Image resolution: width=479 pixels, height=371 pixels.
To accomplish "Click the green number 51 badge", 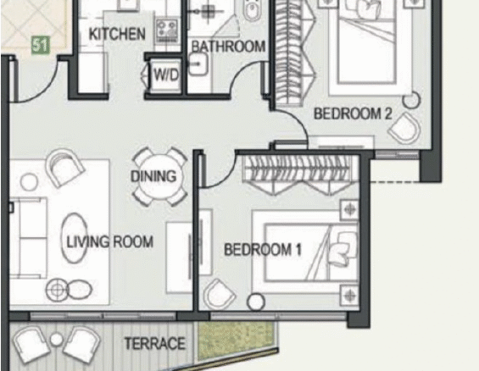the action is coord(41,46).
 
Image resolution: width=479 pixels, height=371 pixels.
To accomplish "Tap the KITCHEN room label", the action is coord(117,34).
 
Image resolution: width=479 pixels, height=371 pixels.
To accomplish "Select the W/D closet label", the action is coord(166,75).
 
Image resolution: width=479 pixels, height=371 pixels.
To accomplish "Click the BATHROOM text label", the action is coord(229,47).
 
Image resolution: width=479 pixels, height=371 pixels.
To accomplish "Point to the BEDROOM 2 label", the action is coord(353,114).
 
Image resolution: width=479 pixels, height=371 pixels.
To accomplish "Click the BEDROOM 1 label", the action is coord(263,250).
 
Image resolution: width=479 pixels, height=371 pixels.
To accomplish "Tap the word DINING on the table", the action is coord(153,176).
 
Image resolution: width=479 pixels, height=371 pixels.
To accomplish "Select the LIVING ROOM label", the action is coord(110,242).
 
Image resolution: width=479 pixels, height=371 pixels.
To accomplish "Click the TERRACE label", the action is coord(155,344).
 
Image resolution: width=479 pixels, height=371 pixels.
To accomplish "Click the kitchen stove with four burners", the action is coord(167,30).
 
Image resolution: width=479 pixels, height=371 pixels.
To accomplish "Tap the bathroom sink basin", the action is coord(198,64).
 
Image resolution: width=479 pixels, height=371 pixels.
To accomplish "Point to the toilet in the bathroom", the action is coord(253,10).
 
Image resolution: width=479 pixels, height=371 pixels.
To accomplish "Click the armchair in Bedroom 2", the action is coord(404,128).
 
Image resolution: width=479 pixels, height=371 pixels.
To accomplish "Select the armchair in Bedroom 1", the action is coord(218,294).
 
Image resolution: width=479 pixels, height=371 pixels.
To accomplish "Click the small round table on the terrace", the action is coord(56,340).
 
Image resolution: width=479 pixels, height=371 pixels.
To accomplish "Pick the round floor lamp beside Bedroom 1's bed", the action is coord(256,302).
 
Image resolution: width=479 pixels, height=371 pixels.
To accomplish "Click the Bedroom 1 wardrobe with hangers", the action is coord(301,174).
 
